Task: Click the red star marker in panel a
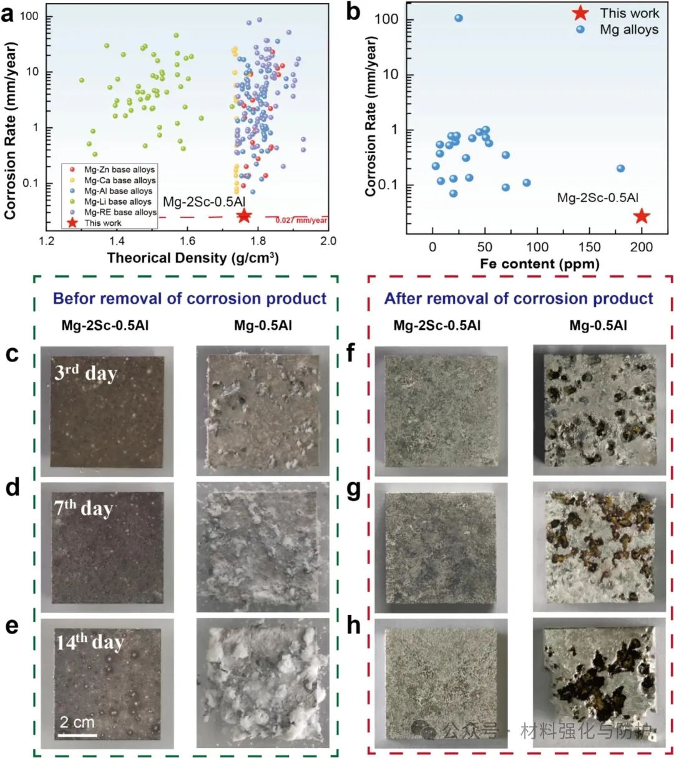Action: tap(244, 216)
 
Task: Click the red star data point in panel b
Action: tap(642, 216)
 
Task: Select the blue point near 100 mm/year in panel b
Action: tap(459, 18)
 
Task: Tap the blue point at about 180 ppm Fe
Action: tap(620, 168)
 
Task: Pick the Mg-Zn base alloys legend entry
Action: tap(119, 170)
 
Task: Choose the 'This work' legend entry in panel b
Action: tap(628, 13)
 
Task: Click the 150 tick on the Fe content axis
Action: tap(590, 247)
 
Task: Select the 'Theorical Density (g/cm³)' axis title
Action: tap(193, 258)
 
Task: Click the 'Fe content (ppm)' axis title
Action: tap(539, 263)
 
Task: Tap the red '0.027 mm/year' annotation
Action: tap(301, 220)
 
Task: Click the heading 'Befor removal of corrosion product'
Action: tap(190, 298)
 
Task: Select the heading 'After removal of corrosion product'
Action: tap(519, 298)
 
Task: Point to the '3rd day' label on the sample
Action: tap(85, 372)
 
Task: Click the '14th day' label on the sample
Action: tap(90, 642)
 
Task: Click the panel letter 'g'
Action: tap(353, 489)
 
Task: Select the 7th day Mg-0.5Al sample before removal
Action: tap(262, 547)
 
